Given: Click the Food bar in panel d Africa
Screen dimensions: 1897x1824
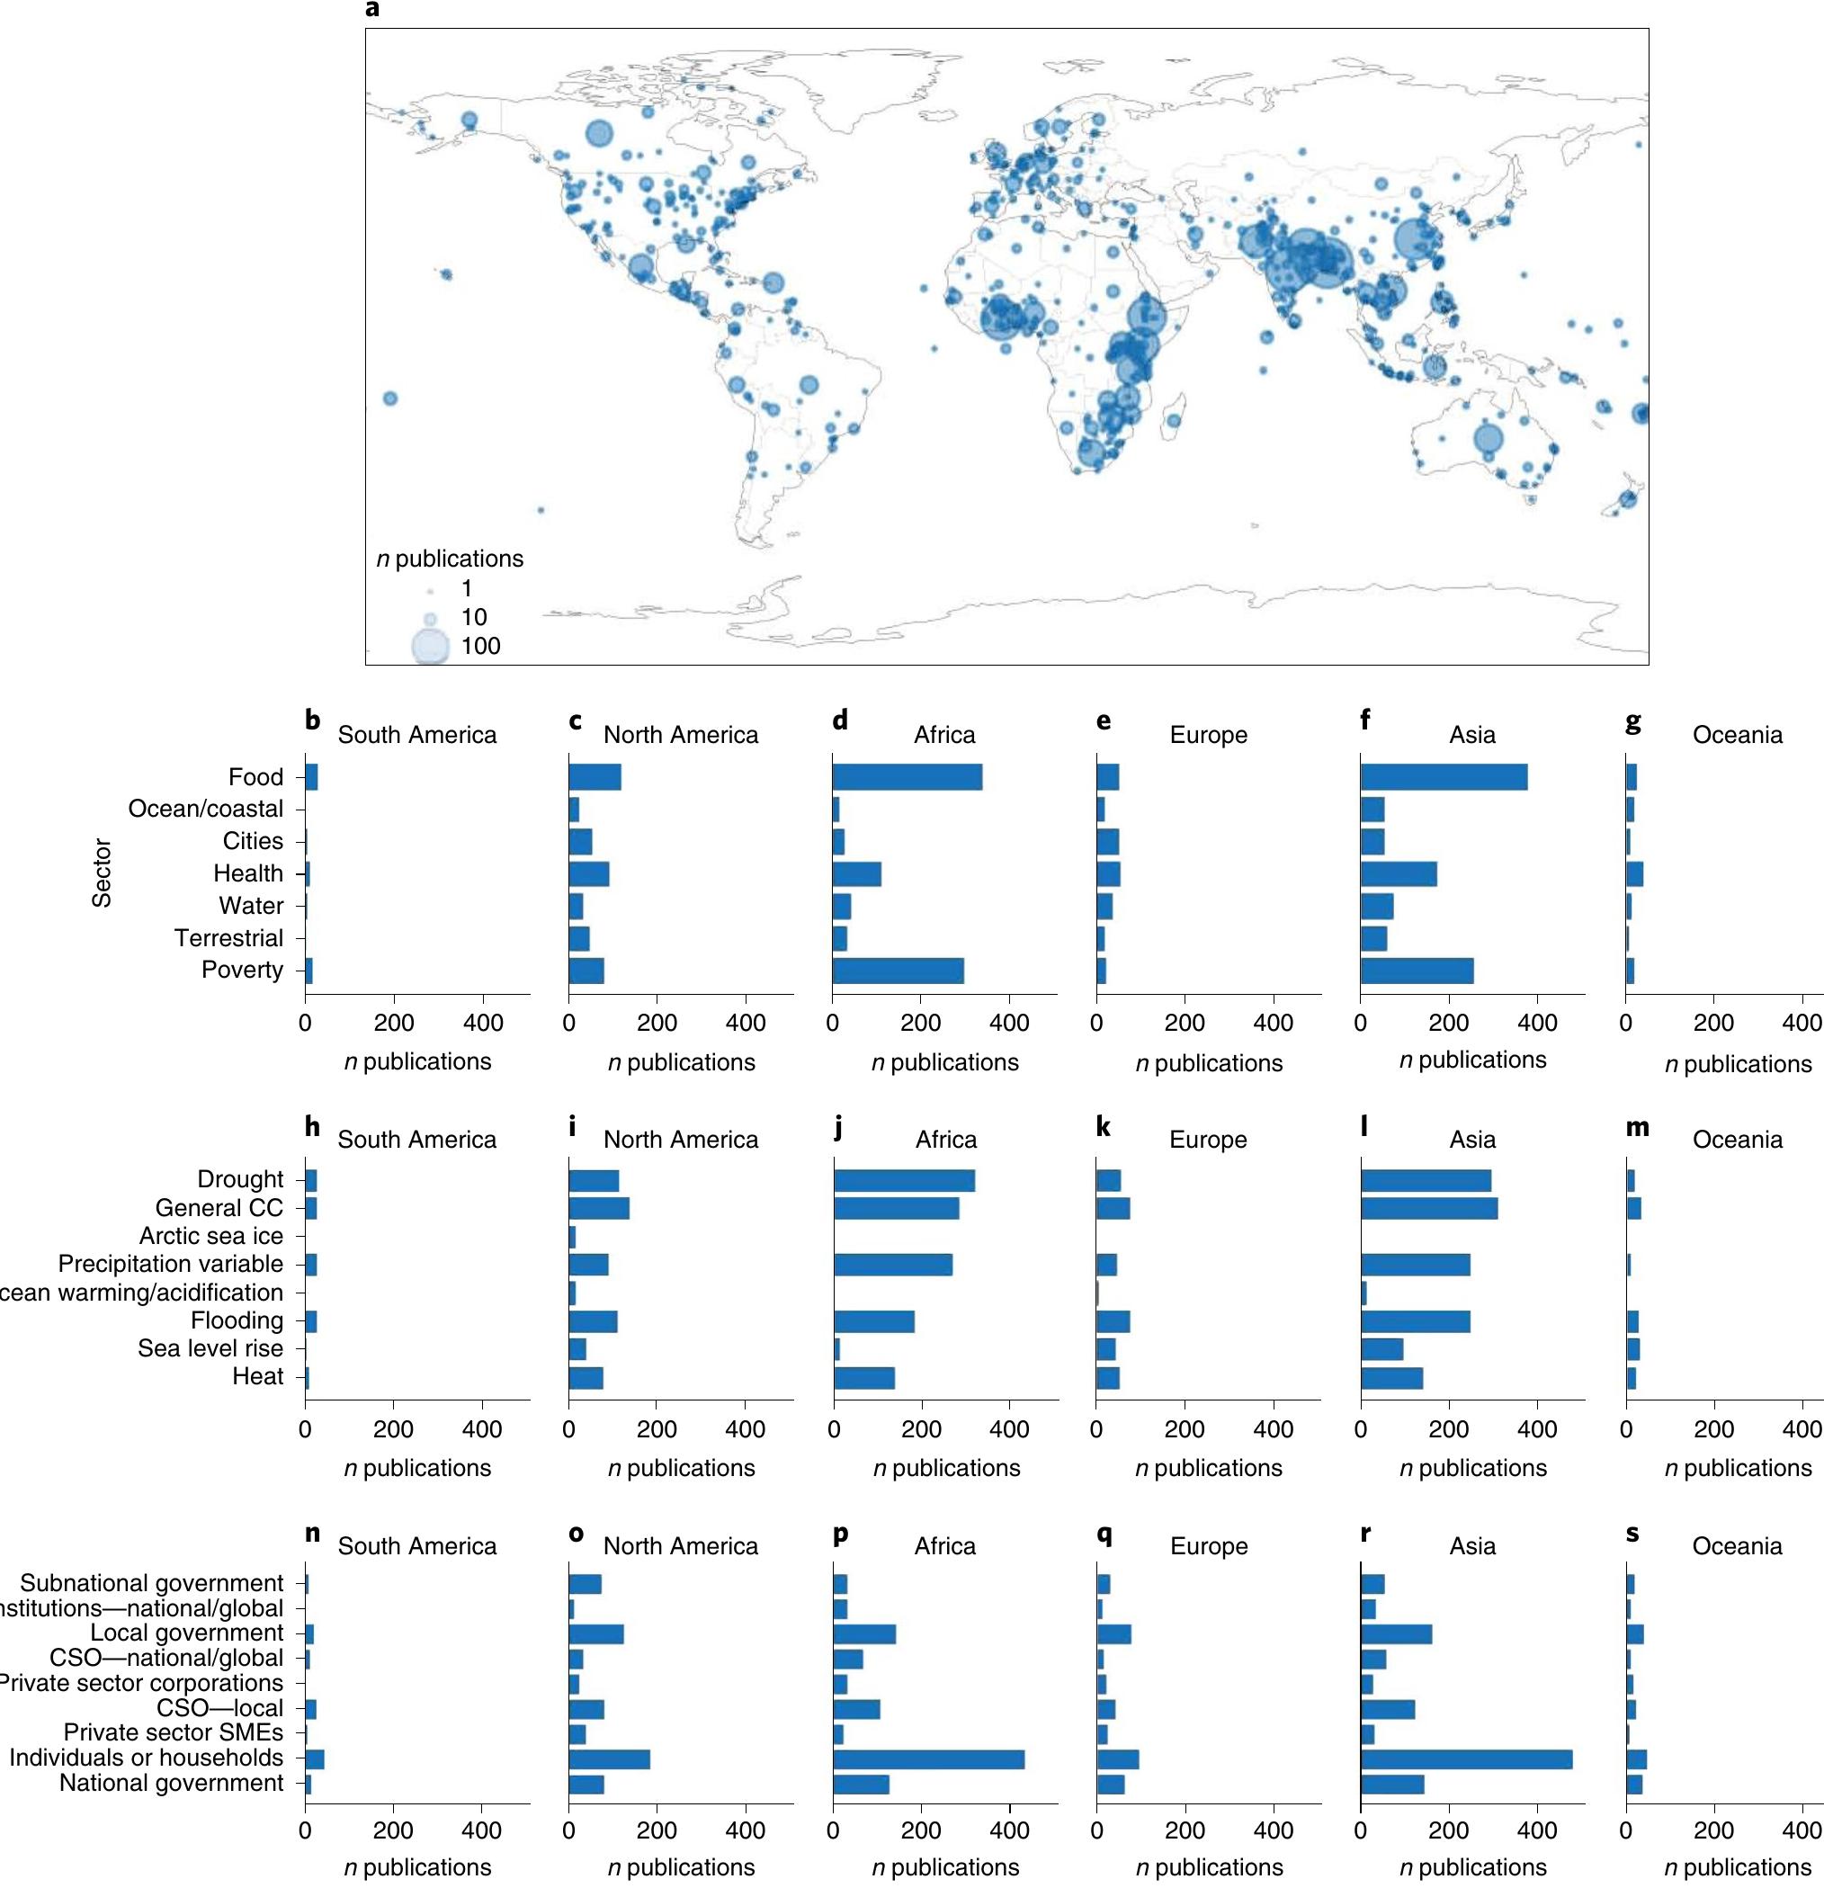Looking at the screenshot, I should [907, 777].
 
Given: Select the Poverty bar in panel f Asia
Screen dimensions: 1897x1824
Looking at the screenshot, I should [1417, 971].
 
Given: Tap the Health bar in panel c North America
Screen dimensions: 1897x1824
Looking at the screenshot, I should [588, 874].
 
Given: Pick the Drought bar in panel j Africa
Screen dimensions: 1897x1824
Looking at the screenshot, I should [904, 1181].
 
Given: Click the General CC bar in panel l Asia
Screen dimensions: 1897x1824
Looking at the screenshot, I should [1428, 1208].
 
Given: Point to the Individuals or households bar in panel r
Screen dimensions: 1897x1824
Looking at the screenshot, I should [1466, 1758].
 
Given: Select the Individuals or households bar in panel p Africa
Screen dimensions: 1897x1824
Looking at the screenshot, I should [928, 1758].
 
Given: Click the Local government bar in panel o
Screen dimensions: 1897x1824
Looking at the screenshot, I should [596, 1633].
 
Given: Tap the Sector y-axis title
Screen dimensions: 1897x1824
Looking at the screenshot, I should [102, 873].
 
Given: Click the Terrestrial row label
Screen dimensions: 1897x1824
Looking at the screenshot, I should [228, 938].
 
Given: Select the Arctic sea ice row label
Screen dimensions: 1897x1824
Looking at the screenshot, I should [211, 1236].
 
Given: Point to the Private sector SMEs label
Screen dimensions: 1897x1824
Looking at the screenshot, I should [174, 1732].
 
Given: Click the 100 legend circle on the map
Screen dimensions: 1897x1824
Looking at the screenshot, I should [431, 647].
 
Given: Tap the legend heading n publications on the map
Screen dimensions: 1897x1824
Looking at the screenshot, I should [449, 559].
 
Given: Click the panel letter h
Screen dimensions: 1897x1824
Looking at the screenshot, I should [311, 1126].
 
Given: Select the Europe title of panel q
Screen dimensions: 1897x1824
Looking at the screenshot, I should [1209, 1545].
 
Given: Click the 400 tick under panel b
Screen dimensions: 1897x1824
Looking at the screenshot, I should [483, 1023].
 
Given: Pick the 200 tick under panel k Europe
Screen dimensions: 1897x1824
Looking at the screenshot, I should [1185, 1429].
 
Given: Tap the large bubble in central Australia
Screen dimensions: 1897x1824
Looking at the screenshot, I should [1489, 438].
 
